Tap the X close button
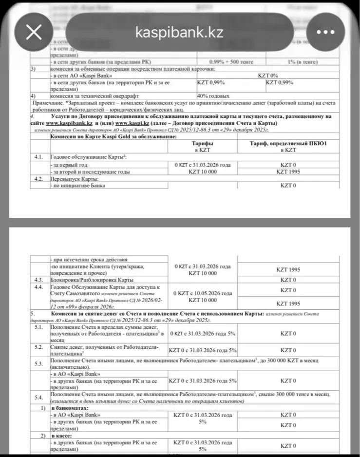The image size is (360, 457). click(x=34, y=32)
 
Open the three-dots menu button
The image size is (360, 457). click(x=325, y=32)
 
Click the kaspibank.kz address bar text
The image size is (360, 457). click(x=180, y=32)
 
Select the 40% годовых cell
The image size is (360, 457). click(x=213, y=96)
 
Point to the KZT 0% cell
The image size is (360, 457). click(x=267, y=76)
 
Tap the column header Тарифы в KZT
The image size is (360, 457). click(x=203, y=147)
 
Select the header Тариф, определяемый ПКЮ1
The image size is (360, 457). click(x=288, y=144)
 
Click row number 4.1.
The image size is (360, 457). click(x=39, y=157)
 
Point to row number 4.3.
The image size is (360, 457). click(x=38, y=280)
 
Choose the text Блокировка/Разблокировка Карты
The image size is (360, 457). click(x=92, y=280)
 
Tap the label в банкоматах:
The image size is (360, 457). click(x=71, y=407)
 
